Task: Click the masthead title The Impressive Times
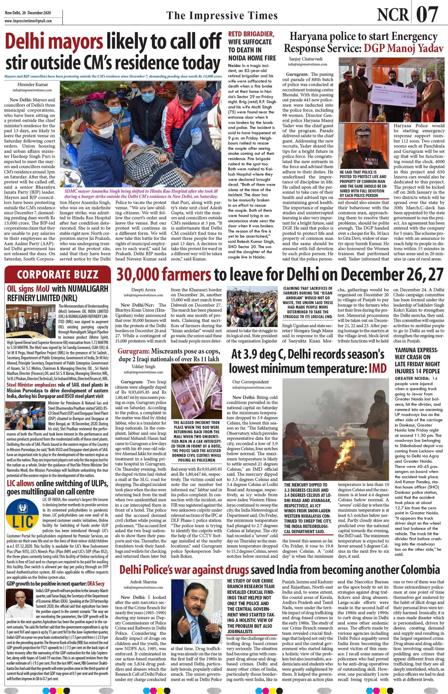(222, 15)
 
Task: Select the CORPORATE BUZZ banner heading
(58, 274)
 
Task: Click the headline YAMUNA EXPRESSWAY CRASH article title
(417, 360)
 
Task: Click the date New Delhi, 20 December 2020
(28, 13)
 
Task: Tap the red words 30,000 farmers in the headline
(164, 275)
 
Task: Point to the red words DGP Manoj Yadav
(404, 48)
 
